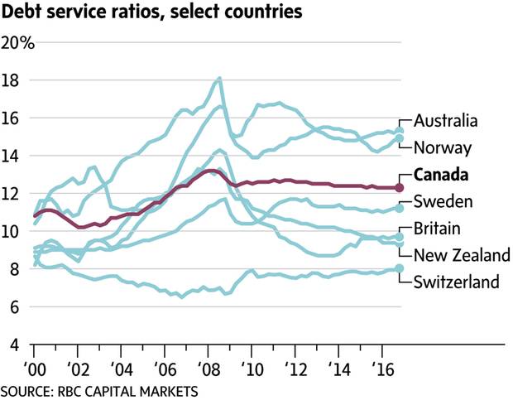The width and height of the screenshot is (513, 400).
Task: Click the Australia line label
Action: click(445, 121)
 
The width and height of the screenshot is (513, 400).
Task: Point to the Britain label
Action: click(437, 229)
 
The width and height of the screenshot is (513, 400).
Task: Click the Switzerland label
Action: click(456, 282)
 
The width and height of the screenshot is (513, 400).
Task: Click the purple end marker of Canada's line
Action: click(400, 188)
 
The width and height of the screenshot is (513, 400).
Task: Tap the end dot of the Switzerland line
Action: click(400, 268)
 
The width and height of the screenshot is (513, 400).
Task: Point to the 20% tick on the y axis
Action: click(17, 43)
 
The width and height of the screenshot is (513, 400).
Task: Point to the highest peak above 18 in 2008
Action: click(219, 79)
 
